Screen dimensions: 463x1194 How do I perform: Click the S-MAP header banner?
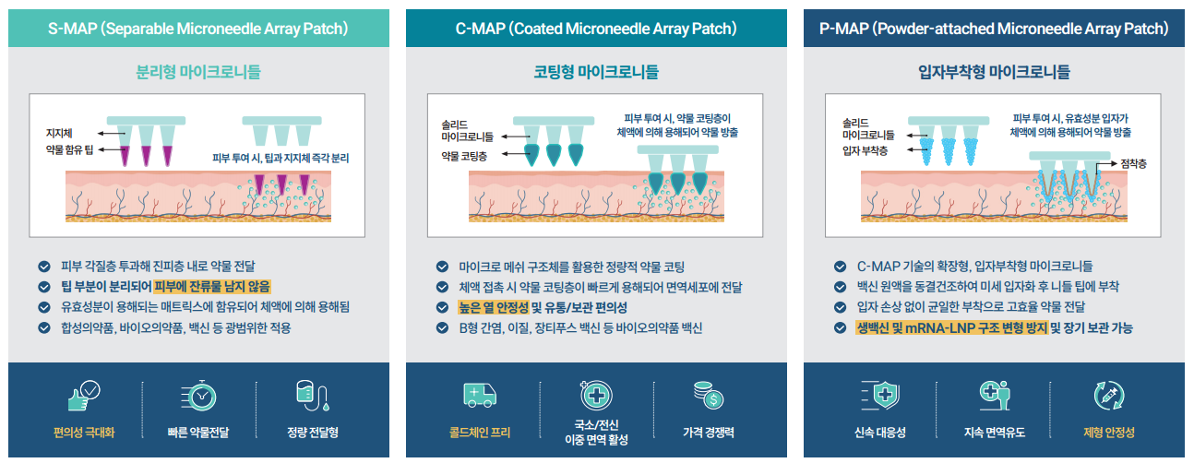tap(197, 29)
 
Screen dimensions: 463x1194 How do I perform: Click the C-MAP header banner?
tap(596, 29)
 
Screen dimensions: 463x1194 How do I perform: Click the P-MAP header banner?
tap(994, 29)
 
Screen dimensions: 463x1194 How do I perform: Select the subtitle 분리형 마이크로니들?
tap(197, 70)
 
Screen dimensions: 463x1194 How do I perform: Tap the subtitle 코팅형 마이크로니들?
tap(596, 70)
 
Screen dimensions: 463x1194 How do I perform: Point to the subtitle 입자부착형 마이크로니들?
tap(994, 70)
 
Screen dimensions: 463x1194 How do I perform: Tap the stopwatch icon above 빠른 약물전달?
tap(198, 396)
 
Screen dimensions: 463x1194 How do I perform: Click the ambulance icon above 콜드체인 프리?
tap(480, 396)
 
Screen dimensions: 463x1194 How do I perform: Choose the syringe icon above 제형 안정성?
tap(1108, 396)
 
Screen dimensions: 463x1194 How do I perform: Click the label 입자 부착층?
tap(865, 150)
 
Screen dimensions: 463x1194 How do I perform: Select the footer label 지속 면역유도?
tap(995, 432)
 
